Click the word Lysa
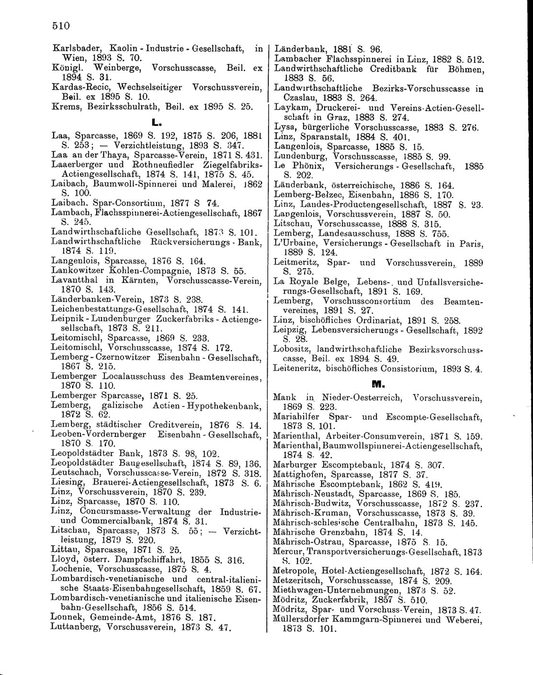pyautogui.click(x=284, y=127)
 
